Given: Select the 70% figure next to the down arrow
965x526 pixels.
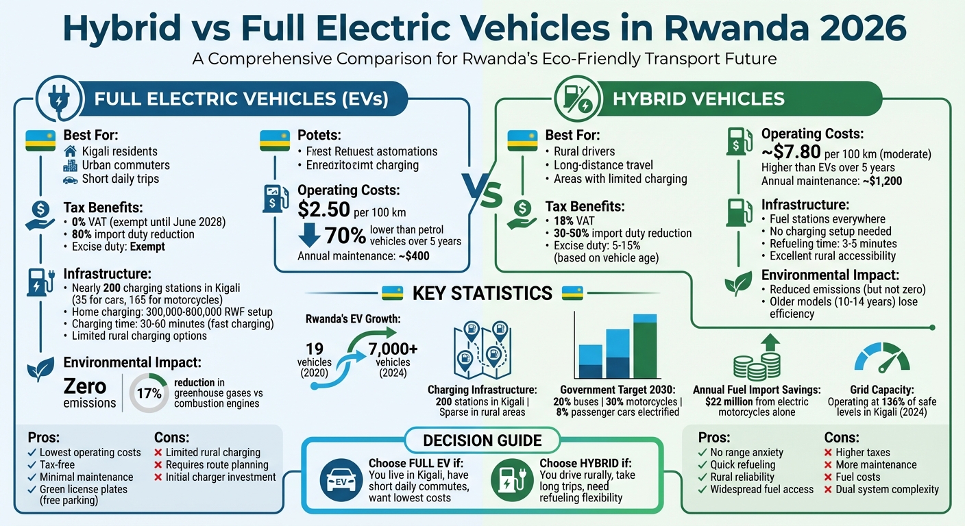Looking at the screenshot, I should (x=345, y=236).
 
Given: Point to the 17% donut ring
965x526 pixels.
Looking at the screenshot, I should (x=149, y=393).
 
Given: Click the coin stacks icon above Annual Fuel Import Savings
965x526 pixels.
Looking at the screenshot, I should (x=757, y=363).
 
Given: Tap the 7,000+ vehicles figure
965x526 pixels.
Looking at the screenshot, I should (x=393, y=349).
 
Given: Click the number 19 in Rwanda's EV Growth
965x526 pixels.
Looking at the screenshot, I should (x=315, y=349).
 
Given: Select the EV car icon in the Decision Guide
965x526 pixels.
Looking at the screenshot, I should (x=341, y=479).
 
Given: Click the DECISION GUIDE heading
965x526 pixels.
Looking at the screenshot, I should (x=482, y=440).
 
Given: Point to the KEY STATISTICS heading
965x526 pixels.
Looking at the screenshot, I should (x=482, y=293).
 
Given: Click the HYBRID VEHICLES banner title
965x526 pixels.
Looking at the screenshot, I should (x=698, y=99).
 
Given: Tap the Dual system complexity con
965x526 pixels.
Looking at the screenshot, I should (x=887, y=490).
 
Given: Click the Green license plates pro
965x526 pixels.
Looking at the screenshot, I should (x=83, y=490).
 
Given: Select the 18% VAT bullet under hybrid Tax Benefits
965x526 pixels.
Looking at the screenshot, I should (x=575, y=221).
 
